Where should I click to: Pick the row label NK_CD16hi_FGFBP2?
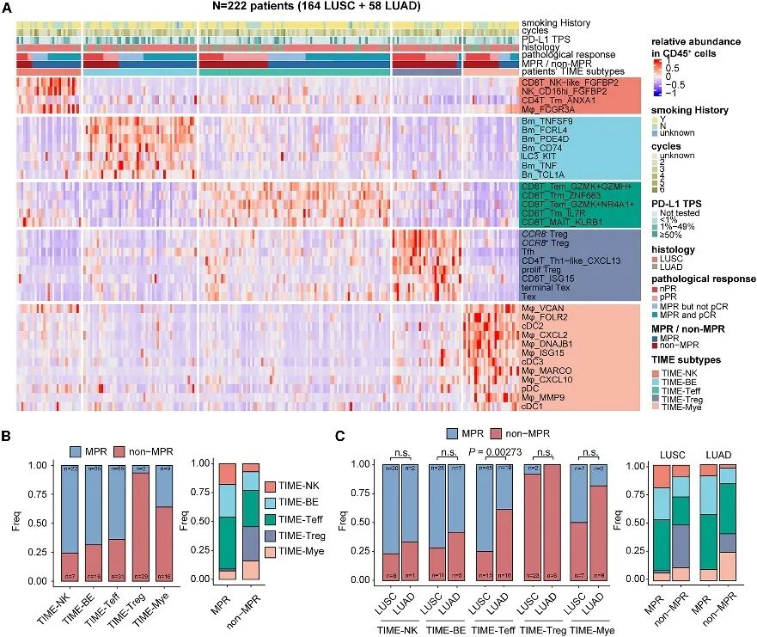[559, 90]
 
